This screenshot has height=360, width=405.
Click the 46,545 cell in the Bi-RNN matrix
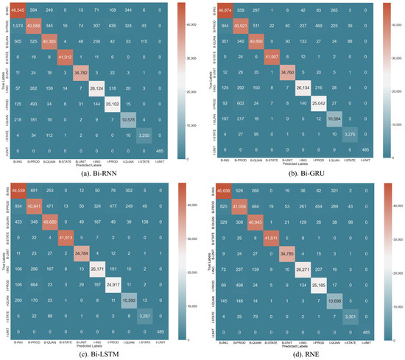pos(19,10)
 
